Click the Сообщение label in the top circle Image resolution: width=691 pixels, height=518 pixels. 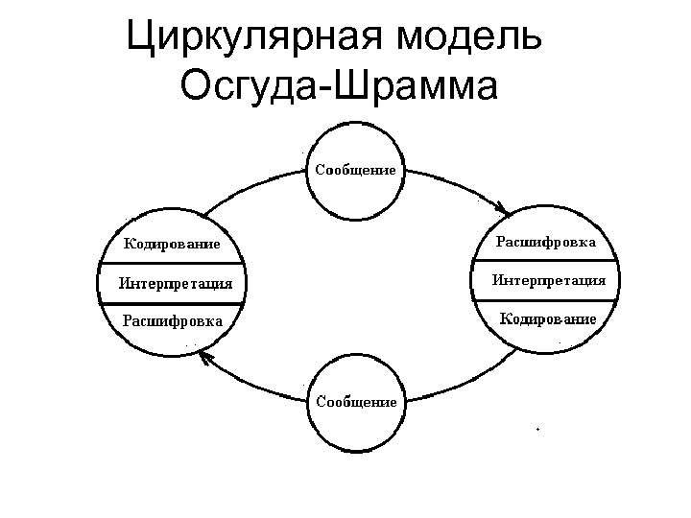pyautogui.click(x=355, y=170)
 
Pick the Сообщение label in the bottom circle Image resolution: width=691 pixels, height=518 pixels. pyautogui.click(x=356, y=402)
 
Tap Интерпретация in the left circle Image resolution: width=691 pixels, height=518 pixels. pyautogui.click(x=175, y=283)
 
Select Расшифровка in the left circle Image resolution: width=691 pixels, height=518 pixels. pyautogui.click(x=173, y=320)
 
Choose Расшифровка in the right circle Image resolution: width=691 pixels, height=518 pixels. pyautogui.click(x=546, y=242)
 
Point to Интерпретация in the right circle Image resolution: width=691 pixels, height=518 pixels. pyautogui.click(x=548, y=280)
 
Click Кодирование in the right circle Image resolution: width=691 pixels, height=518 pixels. pyautogui.click(x=548, y=318)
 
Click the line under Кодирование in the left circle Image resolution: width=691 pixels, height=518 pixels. pyautogui.click(x=173, y=263)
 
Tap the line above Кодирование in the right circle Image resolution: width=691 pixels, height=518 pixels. pyautogui.click(x=548, y=299)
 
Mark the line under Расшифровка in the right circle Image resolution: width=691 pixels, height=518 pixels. pyautogui.click(x=548, y=261)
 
